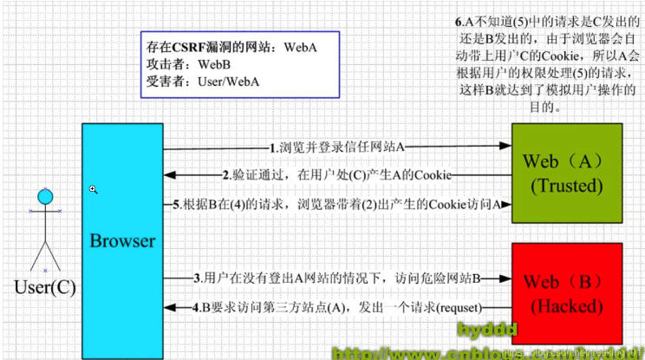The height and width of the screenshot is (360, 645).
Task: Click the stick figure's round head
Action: click(x=45, y=197)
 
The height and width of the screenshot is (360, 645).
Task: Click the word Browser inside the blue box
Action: click(x=122, y=240)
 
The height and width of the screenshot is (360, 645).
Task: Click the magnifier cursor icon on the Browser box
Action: click(x=94, y=189)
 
